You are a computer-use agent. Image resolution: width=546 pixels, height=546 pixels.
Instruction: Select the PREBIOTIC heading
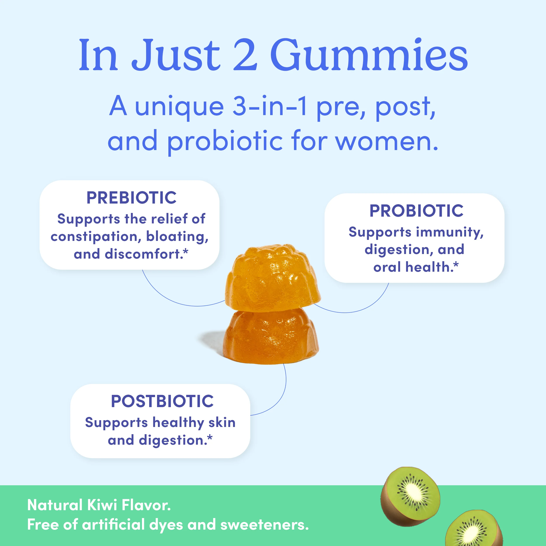pyautogui.click(x=131, y=198)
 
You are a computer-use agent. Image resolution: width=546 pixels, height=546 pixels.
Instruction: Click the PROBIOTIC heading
pyautogui.click(x=416, y=211)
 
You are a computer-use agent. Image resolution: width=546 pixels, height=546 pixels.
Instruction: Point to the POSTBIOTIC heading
pyautogui.click(x=162, y=401)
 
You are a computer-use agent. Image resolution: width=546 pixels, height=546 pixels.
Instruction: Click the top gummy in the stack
pyautogui.click(x=273, y=278)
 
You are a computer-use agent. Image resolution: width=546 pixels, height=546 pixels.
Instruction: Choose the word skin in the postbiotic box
pyautogui.click(x=222, y=423)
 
